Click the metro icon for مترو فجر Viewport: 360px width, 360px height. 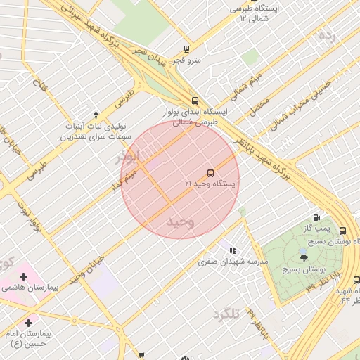point(186,49)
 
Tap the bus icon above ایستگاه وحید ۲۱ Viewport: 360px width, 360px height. point(210,173)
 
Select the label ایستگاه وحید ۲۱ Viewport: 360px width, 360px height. point(212,184)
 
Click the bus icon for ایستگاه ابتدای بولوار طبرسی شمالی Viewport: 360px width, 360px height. point(195,101)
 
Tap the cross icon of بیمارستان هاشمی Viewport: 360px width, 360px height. point(24,276)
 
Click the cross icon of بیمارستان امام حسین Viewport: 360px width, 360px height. point(28,322)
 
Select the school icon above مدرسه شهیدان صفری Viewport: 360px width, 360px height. point(232,250)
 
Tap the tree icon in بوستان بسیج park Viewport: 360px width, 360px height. point(304,259)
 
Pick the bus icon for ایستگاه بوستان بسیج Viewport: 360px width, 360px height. point(342,231)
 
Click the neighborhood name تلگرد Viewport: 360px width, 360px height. point(226,314)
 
